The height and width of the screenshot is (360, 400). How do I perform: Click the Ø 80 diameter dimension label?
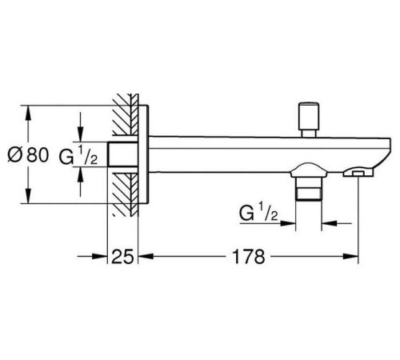coord(28,155)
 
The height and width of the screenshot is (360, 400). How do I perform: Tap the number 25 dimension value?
coord(122,257)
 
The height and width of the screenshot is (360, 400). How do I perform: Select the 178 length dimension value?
coord(249,257)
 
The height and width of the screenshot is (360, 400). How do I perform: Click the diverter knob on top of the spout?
coord(309,119)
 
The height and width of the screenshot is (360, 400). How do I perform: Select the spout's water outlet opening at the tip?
coord(358,174)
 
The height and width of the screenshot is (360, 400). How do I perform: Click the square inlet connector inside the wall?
coord(122,154)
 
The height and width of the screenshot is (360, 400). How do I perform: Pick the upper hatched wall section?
coord(126,114)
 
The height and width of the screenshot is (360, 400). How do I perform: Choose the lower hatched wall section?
coord(126,194)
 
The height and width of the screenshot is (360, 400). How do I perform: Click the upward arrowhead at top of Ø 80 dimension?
coord(28,114)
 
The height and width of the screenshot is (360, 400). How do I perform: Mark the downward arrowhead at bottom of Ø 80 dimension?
coord(28,196)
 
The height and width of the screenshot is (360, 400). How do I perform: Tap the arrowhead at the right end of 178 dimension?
coord(350,256)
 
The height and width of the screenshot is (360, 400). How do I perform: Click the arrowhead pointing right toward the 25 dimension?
coord(99,256)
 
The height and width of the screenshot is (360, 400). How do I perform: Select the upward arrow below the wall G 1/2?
coord(80,182)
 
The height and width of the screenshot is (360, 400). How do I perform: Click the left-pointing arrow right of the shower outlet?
coord(337,223)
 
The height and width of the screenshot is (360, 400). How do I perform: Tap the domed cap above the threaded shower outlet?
coord(308,170)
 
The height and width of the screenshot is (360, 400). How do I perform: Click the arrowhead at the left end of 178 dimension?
coord(146,256)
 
